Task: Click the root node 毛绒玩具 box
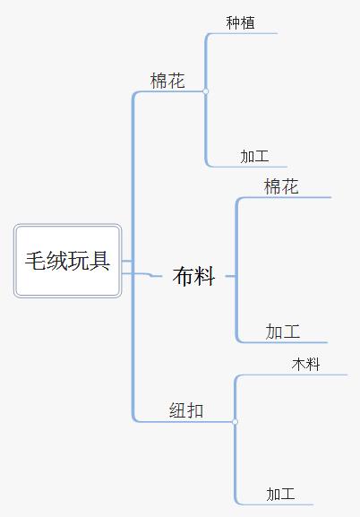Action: click(67, 261)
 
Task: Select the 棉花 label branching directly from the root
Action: click(167, 81)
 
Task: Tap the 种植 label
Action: click(240, 22)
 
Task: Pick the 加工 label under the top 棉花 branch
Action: click(254, 156)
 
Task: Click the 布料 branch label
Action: click(193, 276)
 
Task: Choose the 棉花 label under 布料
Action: click(281, 186)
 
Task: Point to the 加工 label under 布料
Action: click(283, 332)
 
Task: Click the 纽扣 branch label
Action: click(186, 410)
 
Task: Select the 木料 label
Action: click(306, 365)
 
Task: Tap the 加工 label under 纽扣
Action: click(280, 495)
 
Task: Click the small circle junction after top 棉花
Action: click(206, 91)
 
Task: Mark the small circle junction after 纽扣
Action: click(235, 421)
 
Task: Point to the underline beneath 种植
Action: click(244, 33)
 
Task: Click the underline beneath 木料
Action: click(293, 375)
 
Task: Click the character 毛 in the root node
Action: click(36, 261)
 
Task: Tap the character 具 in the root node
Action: click(99, 261)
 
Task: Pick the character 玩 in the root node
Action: click(78, 261)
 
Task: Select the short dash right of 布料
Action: click(230, 276)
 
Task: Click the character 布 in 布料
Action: click(183, 276)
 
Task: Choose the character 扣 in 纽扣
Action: click(195, 410)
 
